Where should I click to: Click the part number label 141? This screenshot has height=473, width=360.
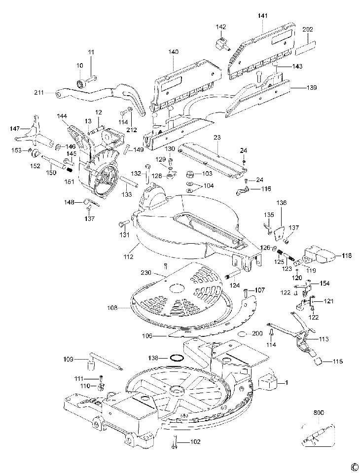click(x=263, y=15)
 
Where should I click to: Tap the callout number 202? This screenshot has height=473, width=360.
click(x=308, y=30)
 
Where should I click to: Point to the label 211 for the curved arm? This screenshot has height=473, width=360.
click(x=39, y=92)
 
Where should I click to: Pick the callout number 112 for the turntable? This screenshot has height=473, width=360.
click(x=128, y=257)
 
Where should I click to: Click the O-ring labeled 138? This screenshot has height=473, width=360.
click(x=177, y=358)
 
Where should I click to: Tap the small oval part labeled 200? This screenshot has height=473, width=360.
click(x=242, y=333)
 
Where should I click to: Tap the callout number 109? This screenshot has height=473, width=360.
click(x=69, y=359)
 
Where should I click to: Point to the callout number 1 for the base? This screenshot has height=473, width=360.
click(x=286, y=383)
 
